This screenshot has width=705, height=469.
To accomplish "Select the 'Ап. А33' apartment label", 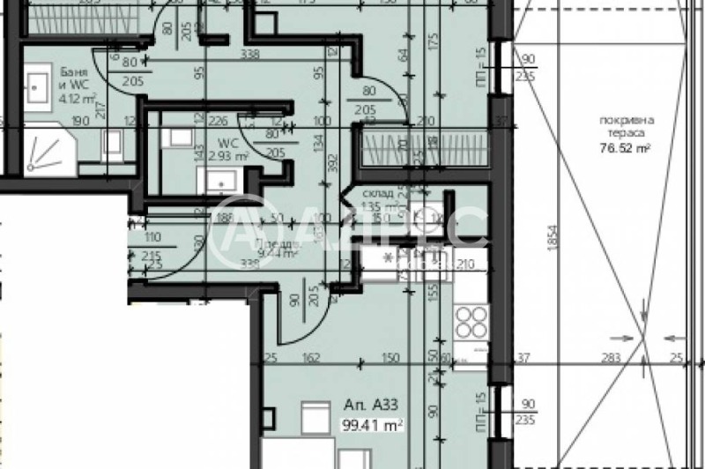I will pos(362,406).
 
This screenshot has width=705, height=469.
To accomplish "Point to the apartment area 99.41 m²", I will pos(372,423).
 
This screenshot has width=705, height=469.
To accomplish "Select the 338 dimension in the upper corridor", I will pos(249,55).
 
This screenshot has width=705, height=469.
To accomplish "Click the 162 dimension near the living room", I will pos(310,357).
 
